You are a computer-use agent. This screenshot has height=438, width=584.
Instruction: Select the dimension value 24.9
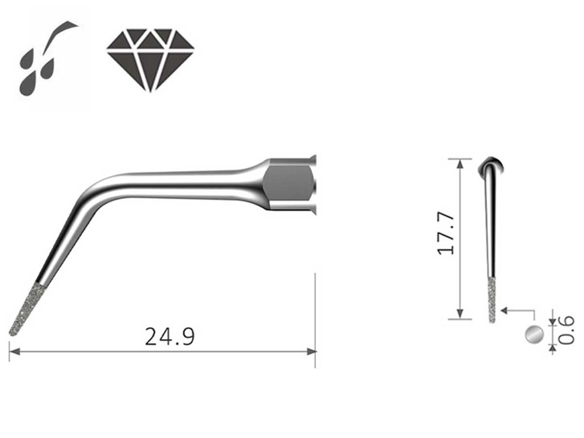(x=170, y=337)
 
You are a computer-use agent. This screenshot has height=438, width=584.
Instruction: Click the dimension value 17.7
(x=446, y=233)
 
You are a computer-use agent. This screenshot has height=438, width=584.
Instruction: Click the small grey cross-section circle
(x=534, y=334)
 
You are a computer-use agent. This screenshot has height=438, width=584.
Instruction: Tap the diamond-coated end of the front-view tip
(x=492, y=300)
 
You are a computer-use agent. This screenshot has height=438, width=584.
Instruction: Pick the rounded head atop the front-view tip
(x=492, y=165)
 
